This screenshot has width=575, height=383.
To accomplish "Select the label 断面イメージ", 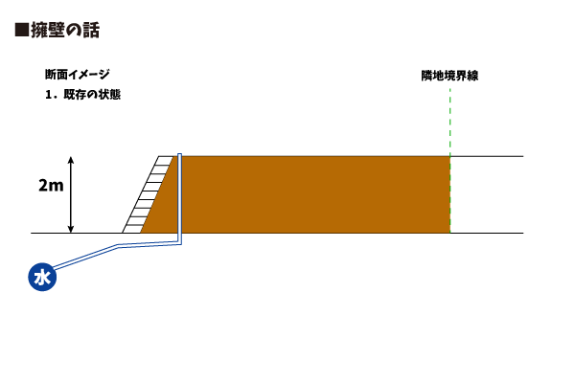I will point(78,75).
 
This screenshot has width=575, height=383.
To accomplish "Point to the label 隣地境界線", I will point(449,75).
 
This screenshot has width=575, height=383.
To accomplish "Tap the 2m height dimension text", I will point(51,186).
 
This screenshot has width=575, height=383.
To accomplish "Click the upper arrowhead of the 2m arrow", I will point(71,159).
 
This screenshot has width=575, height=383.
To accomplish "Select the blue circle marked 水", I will point(41,278).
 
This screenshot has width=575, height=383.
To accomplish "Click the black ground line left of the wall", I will point(77,233).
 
